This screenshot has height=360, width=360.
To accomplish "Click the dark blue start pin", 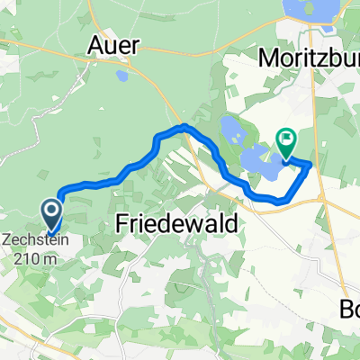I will [50, 214].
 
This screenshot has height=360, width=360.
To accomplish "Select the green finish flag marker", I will [287, 141].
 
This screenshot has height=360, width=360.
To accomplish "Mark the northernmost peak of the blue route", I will [184, 126].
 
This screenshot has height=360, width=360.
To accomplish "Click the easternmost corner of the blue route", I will [311, 165].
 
